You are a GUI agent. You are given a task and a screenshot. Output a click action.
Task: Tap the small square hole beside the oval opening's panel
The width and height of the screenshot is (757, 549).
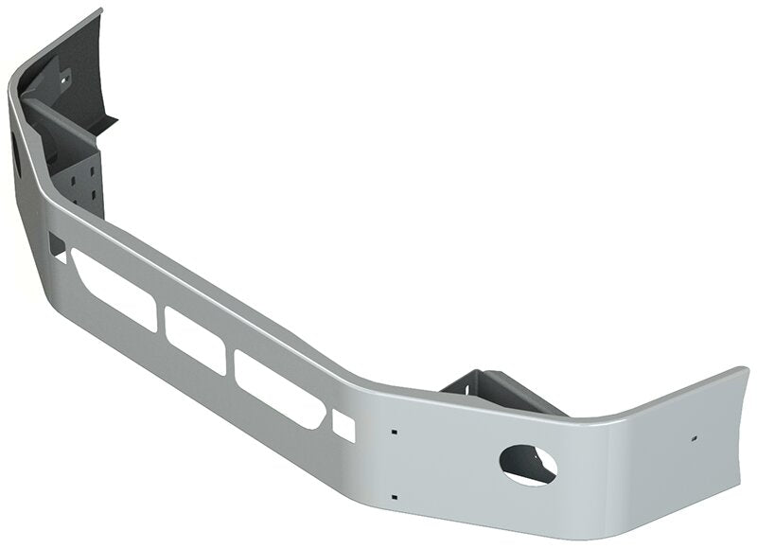(x=343, y=427)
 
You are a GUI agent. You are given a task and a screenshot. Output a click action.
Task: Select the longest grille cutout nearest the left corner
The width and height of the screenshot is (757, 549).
(x=113, y=290)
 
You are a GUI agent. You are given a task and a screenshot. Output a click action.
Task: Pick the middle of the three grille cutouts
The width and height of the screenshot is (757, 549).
(x=196, y=339)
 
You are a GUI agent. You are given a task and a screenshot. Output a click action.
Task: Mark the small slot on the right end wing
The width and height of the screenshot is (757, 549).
(x=694, y=439)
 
